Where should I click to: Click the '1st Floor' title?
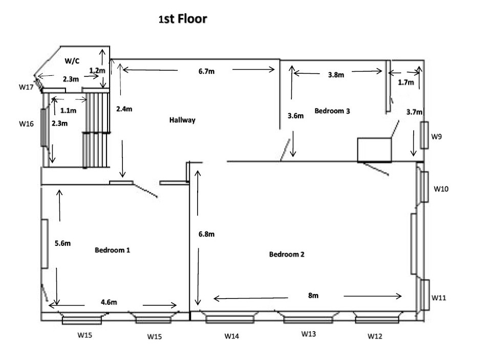183,19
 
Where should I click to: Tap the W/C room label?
72,61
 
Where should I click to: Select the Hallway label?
182,120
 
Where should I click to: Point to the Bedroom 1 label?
113,250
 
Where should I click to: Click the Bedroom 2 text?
287,255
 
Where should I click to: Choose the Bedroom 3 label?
332,111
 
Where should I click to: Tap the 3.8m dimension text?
336,75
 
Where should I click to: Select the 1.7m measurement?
406,81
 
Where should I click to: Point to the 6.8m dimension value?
206,235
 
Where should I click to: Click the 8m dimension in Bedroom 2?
313,296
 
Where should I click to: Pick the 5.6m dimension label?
62,243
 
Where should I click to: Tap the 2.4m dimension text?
124,109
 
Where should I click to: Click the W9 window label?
436,137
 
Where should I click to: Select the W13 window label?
308,334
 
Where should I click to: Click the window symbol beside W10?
424,186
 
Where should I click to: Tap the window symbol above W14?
230,320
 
